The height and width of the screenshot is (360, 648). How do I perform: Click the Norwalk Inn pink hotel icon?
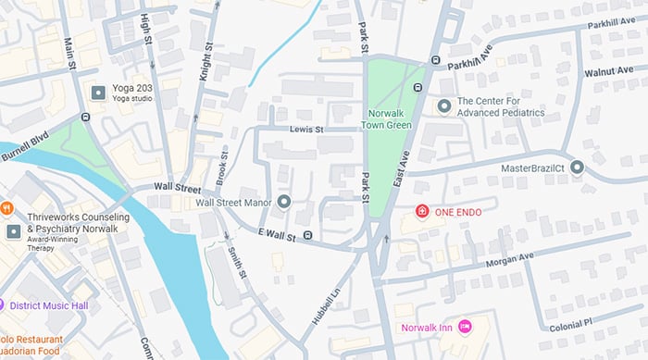[465, 327]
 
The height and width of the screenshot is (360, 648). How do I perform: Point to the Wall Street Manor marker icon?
[284, 202]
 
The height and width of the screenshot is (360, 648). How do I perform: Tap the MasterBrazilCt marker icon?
[577, 168]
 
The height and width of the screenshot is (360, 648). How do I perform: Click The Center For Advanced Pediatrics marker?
[443, 106]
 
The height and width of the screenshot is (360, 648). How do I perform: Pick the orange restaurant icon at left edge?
[6, 207]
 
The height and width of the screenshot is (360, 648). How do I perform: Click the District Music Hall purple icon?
[3, 304]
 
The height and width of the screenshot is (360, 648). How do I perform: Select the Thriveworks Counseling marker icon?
[13, 230]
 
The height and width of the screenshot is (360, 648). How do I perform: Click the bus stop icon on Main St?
[85, 118]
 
